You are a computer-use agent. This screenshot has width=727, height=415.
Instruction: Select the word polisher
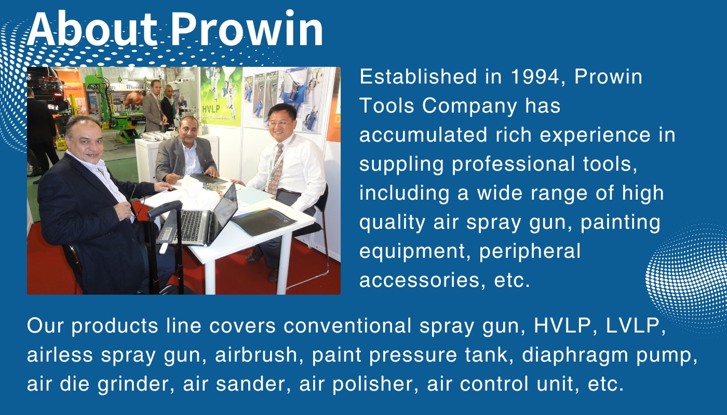[371, 384]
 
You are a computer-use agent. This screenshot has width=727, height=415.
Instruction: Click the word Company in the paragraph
[470, 106]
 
